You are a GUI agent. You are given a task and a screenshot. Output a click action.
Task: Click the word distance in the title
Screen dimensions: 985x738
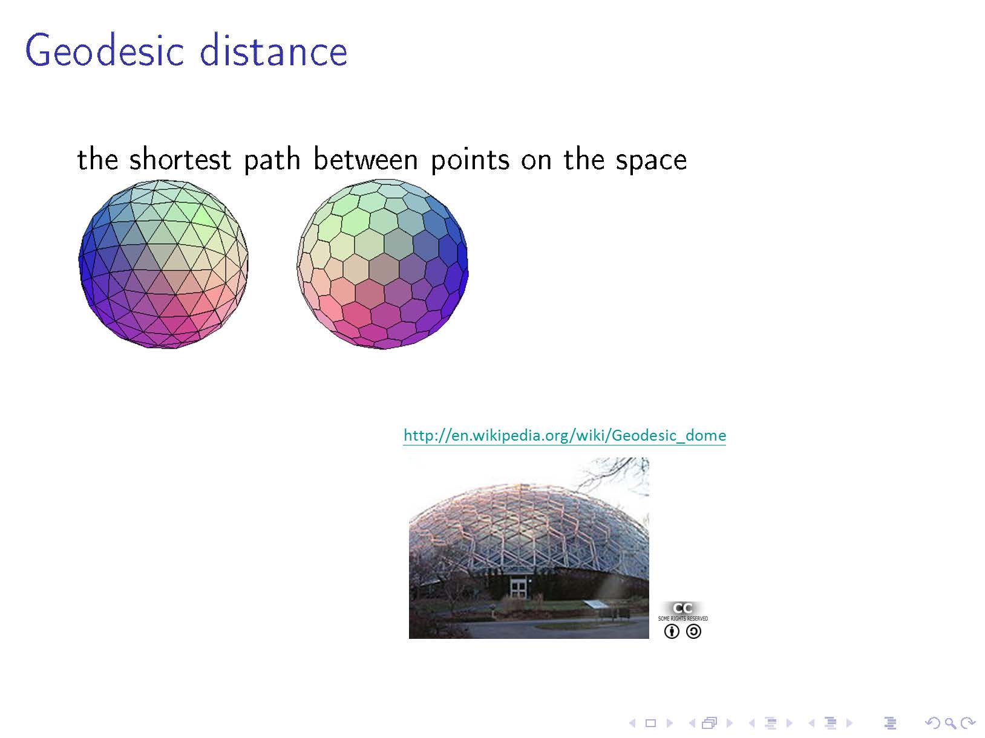tap(273, 50)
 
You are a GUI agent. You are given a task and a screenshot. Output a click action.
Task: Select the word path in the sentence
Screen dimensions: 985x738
tap(272, 160)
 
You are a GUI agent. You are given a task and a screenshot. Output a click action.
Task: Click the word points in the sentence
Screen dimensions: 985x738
tap(470, 160)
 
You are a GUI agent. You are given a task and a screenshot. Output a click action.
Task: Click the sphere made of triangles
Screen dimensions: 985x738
tap(163, 264)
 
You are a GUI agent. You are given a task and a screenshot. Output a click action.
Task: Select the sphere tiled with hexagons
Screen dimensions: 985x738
tap(382, 264)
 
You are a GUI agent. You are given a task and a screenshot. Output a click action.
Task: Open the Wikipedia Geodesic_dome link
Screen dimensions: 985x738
tap(564, 435)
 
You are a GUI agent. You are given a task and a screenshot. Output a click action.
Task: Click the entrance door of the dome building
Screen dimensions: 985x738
tap(519, 587)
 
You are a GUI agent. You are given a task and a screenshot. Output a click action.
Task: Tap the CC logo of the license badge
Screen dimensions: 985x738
tap(682, 608)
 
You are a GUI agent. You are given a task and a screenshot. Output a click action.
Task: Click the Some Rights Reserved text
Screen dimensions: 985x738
tap(683, 618)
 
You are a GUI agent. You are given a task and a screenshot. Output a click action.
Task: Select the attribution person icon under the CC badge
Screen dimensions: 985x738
tap(672, 632)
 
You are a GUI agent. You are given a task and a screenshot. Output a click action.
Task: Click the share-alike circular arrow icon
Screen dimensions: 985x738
tap(694, 632)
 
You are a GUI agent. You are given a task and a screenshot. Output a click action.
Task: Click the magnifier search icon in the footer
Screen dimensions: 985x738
tap(950, 723)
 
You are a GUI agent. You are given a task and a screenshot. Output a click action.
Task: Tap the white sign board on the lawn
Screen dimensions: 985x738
tap(597, 604)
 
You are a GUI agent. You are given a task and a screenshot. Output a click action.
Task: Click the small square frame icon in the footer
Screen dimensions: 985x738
tap(650, 723)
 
